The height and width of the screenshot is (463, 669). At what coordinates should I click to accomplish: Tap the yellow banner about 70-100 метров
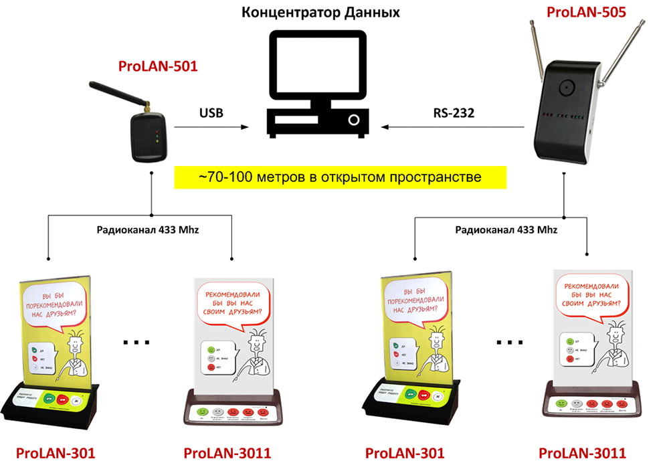(x=341, y=177)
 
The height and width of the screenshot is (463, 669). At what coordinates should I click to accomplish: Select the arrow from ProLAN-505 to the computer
(x=455, y=126)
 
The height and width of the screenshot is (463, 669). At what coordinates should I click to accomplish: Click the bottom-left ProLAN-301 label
(x=55, y=453)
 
